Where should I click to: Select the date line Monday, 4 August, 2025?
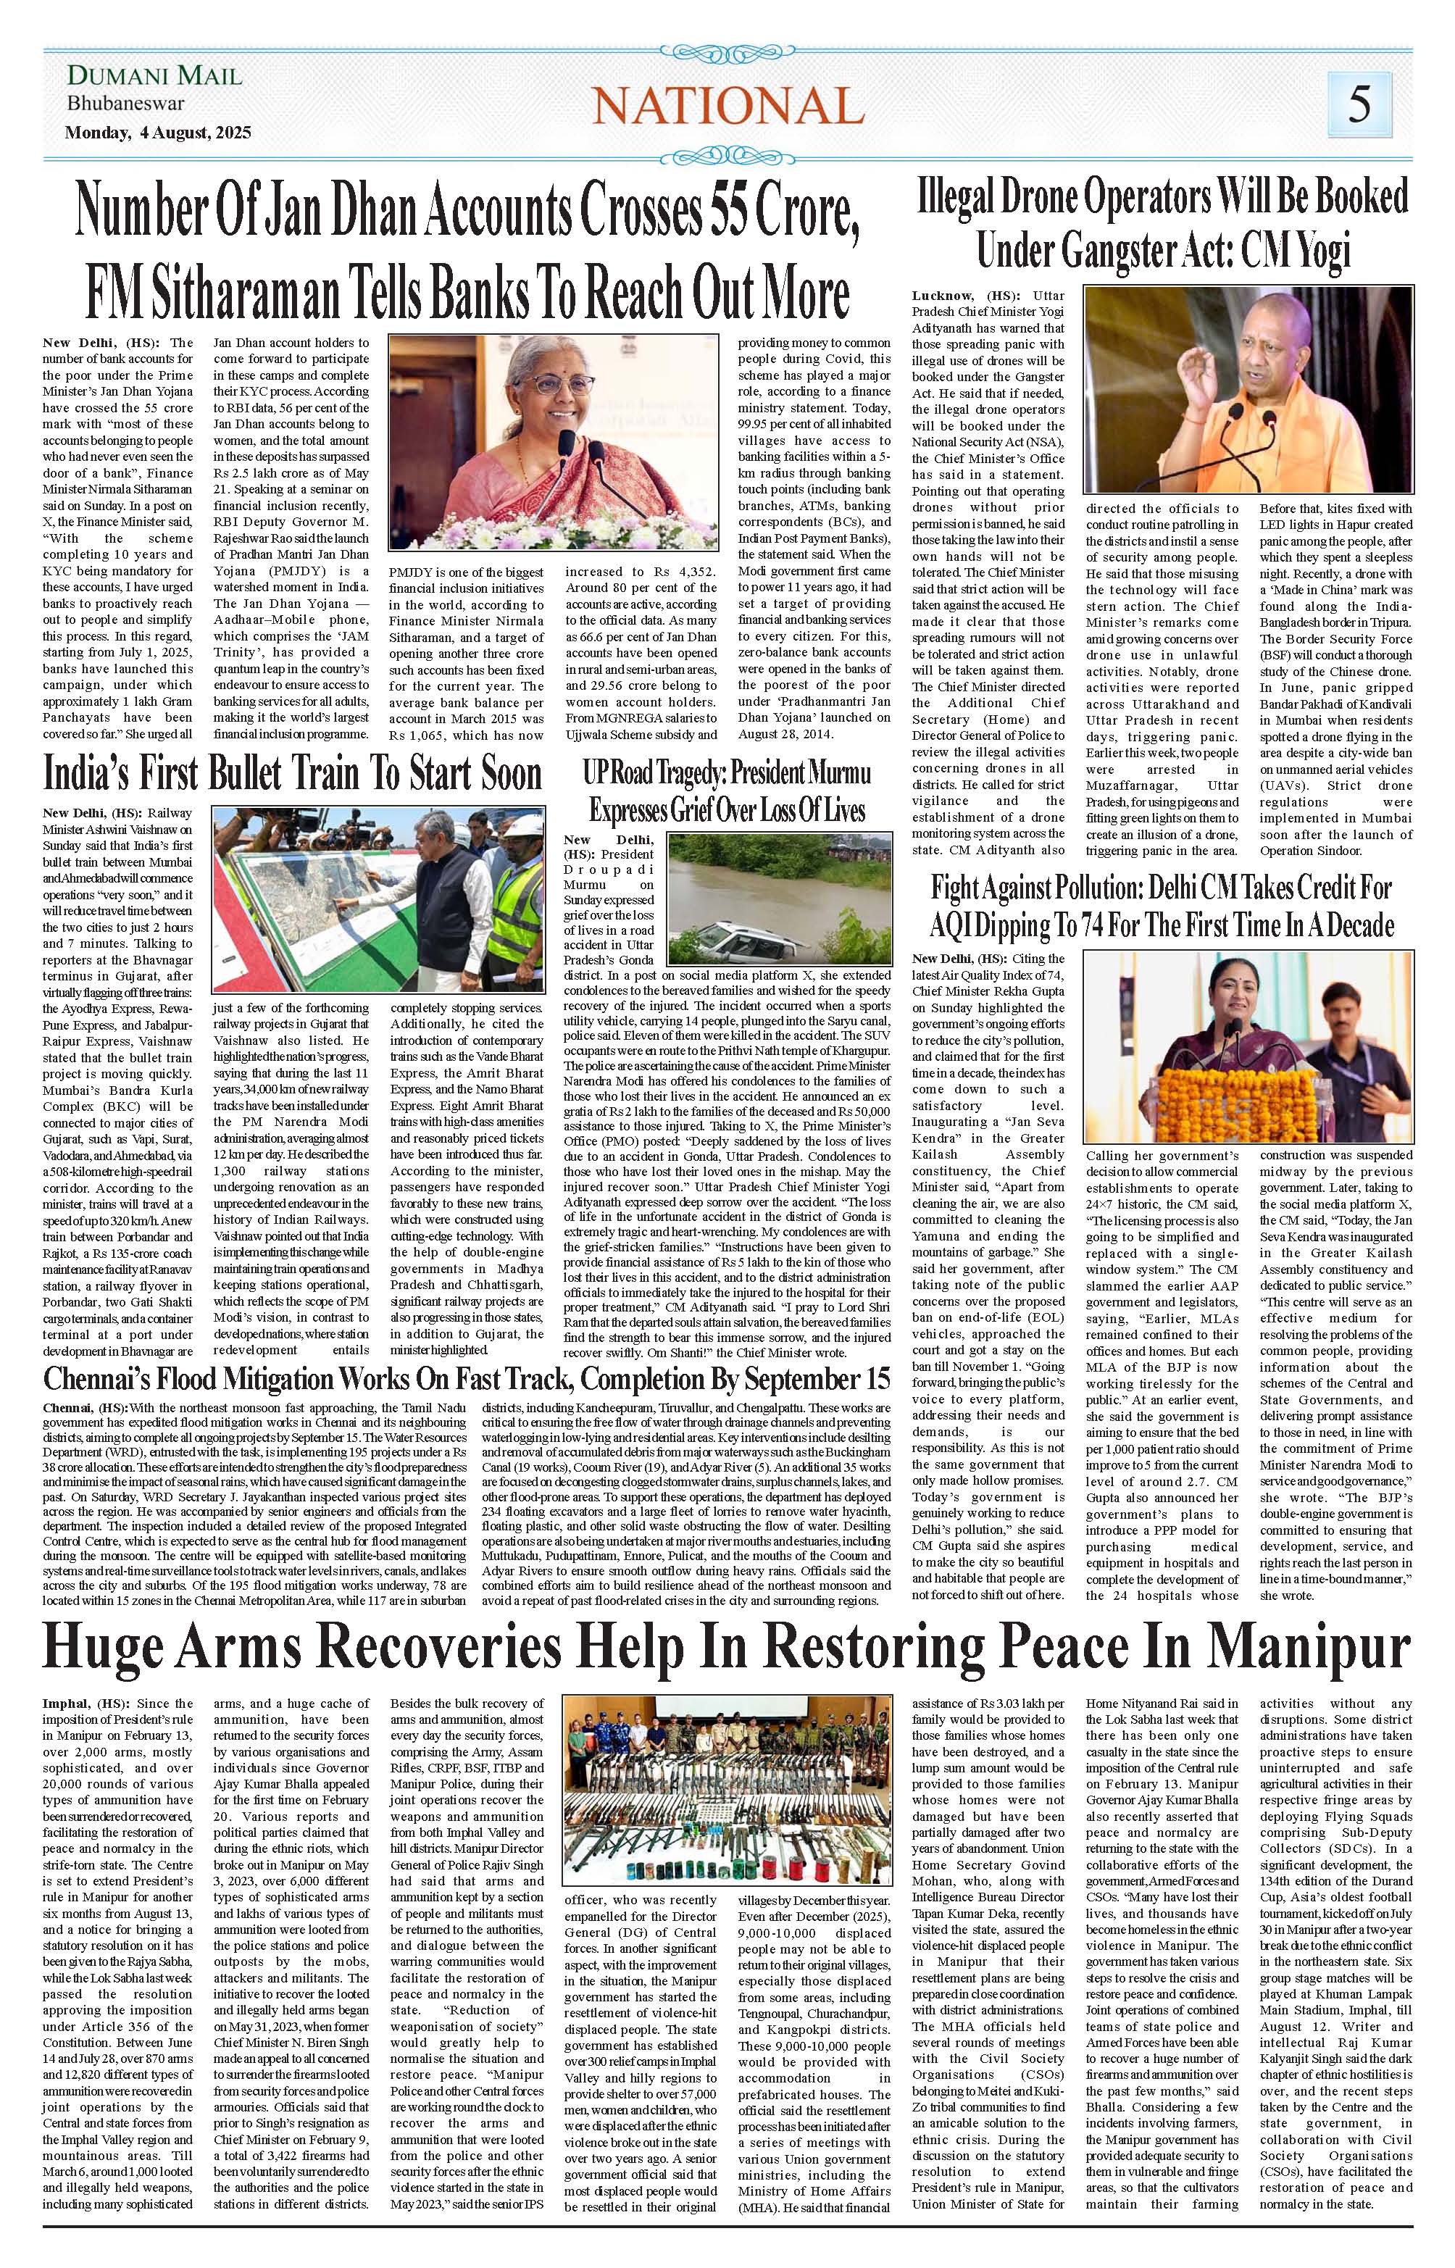158,133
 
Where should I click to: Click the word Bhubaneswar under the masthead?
125,104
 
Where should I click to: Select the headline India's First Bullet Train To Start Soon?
293,775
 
